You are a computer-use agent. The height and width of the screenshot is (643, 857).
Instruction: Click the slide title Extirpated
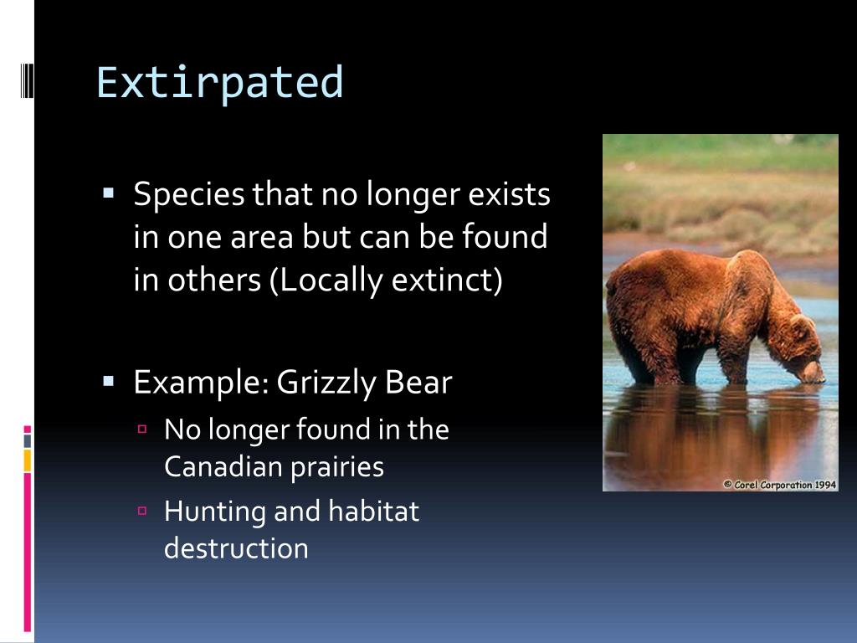coord(220,83)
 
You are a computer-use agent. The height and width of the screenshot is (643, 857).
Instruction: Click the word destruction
coord(236,548)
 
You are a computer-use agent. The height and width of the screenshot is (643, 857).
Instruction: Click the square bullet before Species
coord(108,193)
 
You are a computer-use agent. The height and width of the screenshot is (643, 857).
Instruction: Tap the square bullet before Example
coord(108,380)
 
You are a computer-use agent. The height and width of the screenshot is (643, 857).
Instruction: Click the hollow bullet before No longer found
coord(142,429)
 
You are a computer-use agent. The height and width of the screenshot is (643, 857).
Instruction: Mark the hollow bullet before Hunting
coord(142,510)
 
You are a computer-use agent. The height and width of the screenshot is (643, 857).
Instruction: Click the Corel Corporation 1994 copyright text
coord(779,484)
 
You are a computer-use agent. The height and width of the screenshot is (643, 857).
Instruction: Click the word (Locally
coord(326,280)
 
